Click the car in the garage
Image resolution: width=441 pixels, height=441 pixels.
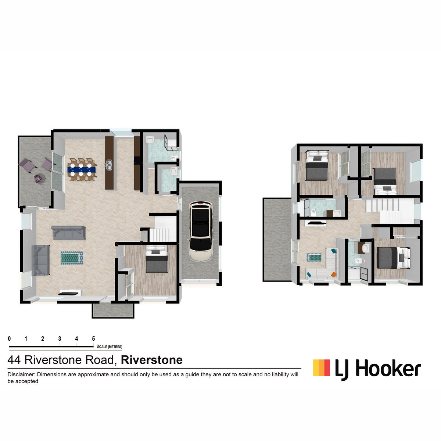coord(201,231)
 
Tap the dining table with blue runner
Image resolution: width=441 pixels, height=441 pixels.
coord(82,169)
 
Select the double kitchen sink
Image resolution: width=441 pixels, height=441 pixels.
coord(109,165)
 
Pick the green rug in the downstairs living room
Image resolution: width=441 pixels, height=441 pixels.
coord(72,258)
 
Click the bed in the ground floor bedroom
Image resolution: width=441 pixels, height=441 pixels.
coord(157,259)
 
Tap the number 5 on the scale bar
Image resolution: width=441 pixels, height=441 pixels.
coord(93,338)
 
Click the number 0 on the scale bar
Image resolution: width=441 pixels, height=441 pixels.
coord(9,338)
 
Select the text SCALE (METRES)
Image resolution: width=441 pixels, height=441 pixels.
coord(110,347)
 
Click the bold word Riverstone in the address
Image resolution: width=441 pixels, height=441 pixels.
coord(152,360)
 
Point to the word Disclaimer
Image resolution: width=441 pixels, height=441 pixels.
coord(21,374)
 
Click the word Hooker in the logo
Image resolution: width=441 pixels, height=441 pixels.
coord(388,369)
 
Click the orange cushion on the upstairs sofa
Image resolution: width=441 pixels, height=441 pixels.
coord(334,275)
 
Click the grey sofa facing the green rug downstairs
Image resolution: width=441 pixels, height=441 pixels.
coord(40,260)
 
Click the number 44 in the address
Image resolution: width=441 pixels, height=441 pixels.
coord(14,360)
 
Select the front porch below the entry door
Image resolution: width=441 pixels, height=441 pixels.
coord(113,311)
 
